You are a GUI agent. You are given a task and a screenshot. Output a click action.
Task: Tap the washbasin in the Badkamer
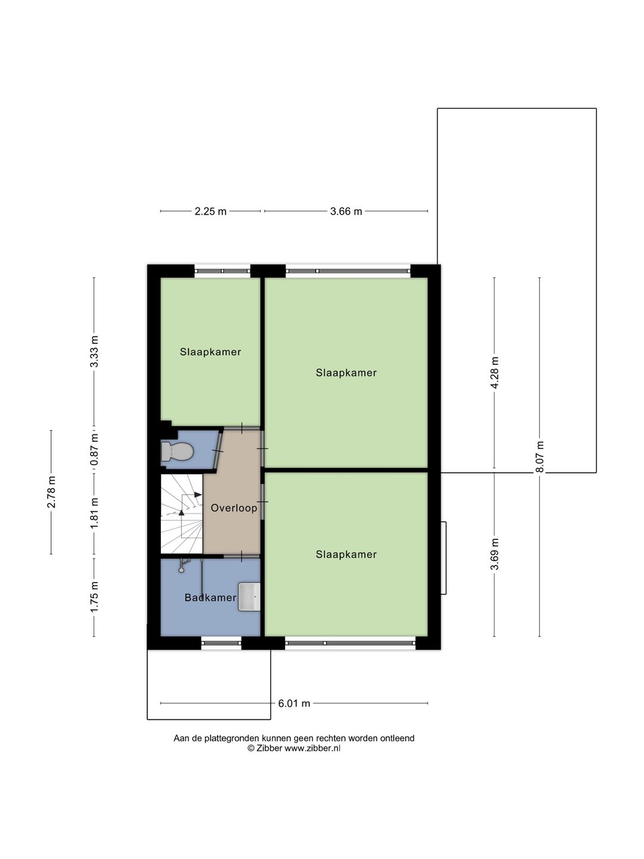[x=249, y=597]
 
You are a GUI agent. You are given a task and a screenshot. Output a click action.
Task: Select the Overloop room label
[x=234, y=508]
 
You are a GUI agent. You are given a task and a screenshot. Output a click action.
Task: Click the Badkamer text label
[x=210, y=598]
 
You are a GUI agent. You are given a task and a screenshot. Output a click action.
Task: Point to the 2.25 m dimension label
[x=210, y=211]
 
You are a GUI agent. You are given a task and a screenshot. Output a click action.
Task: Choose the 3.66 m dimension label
[x=346, y=211]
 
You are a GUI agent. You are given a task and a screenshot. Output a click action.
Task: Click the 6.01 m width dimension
[x=294, y=703]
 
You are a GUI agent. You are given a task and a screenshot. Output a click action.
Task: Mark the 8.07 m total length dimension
[x=540, y=457]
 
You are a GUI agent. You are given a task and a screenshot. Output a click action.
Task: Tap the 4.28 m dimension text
[x=495, y=372]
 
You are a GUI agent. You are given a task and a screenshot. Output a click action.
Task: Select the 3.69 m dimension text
[x=495, y=554]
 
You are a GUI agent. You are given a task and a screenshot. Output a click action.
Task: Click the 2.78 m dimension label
[x=51, y=492]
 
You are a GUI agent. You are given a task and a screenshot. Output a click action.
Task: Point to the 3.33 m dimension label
[x=94, y=351]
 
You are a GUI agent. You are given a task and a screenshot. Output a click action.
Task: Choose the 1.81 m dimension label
[x=94, y=513]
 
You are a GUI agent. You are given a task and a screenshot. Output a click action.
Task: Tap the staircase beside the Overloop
[x=182, y=514]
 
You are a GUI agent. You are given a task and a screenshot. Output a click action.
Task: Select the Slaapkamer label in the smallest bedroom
[x=210, y=352]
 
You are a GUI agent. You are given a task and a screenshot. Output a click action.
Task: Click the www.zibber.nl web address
[x=312, y=748]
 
